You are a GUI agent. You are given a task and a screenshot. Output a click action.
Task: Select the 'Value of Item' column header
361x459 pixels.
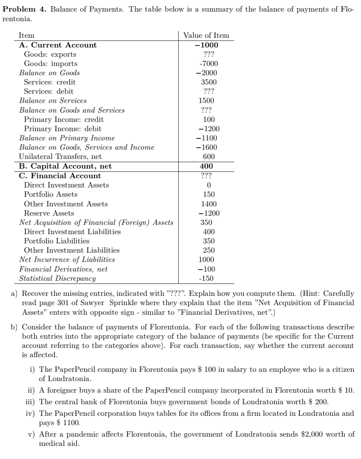[206, 35]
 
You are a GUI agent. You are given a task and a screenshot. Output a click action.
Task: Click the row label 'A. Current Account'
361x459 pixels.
[58, 45]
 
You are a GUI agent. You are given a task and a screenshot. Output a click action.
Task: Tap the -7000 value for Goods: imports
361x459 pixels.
[208, 64]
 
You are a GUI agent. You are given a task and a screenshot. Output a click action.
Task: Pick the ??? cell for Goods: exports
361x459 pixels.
[209, 54]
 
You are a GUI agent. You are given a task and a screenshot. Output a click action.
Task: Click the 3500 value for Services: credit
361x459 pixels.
[209, 82]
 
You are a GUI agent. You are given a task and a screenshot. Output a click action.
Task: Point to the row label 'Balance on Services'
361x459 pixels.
[53, 101]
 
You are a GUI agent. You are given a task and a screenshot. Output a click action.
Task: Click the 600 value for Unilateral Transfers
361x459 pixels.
[209, 157]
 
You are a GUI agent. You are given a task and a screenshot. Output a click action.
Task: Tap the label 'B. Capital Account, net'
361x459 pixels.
[65, 166]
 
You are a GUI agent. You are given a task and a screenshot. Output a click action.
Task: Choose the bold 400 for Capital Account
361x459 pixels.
[206, 166]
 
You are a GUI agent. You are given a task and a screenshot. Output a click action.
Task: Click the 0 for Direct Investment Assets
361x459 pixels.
[209, 185]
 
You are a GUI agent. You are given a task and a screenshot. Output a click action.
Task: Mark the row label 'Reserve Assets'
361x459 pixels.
[49, 213]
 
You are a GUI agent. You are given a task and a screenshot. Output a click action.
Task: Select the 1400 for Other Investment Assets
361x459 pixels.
[209, 204]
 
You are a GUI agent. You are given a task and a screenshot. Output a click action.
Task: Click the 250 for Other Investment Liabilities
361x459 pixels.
[209, 250]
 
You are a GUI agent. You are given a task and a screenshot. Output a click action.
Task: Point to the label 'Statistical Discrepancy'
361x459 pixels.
[57, 278]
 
